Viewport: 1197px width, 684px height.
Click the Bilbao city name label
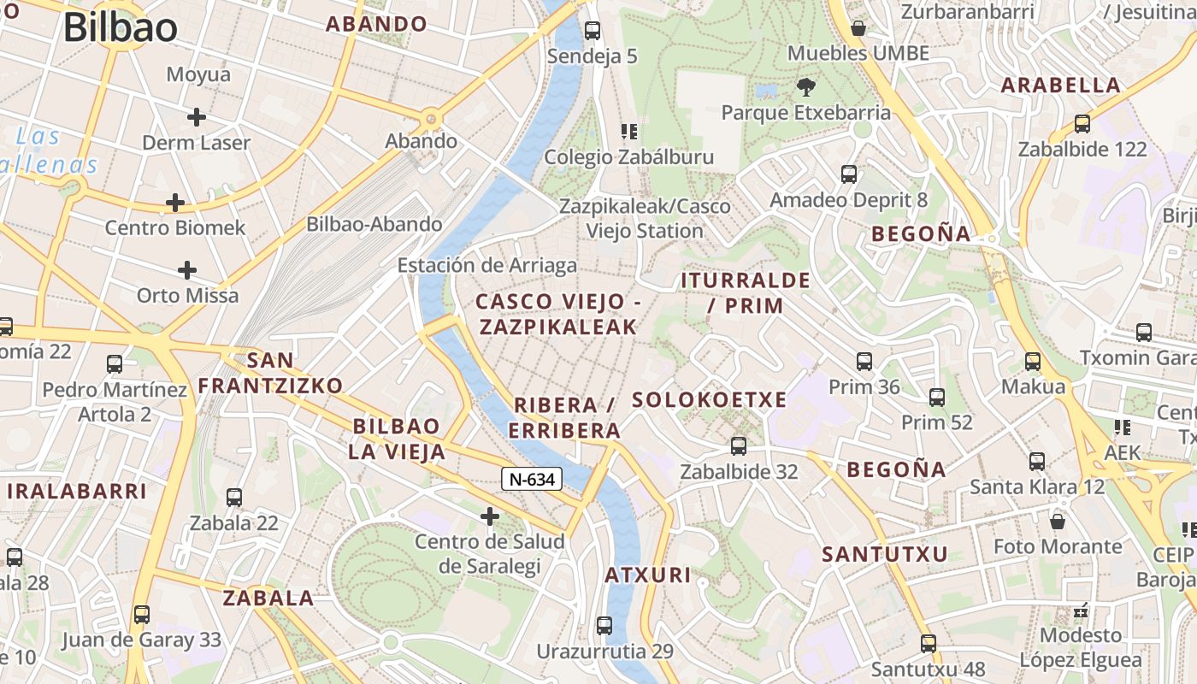[x=121, y=28]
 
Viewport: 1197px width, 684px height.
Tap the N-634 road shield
[x=531, y=479]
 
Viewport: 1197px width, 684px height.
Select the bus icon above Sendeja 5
[x=593, y=31]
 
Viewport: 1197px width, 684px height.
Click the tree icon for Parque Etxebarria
[x=805, y=86]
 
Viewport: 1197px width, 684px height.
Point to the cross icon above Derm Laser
[x=197, y=117]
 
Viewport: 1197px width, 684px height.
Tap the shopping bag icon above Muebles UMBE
[x=858, y=28]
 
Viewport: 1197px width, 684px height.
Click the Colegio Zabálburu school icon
[x=629, y=132]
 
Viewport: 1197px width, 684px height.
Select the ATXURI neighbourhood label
[x=648, y=575]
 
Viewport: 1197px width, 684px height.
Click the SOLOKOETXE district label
[x=709, y=400]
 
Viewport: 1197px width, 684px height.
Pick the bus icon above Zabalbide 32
[x=739, y=445]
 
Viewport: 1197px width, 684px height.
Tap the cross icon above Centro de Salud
[x=490, y=516]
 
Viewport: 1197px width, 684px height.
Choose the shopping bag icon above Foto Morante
[x=1058, y=521]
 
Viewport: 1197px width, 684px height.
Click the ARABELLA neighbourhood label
[x=1060, y=85]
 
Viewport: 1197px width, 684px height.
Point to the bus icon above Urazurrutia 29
[x=604, y=625]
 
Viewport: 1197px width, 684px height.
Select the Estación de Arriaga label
[x=487, y=266]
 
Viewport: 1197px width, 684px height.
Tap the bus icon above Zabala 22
[x=234, y=497]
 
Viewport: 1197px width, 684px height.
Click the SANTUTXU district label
[x=885, y=554]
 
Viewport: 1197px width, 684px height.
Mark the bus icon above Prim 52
[x=937, y=397]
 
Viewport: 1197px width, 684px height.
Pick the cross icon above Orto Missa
[x=187, y=271]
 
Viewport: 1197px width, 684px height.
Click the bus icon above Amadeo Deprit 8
[x=849, y=174]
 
